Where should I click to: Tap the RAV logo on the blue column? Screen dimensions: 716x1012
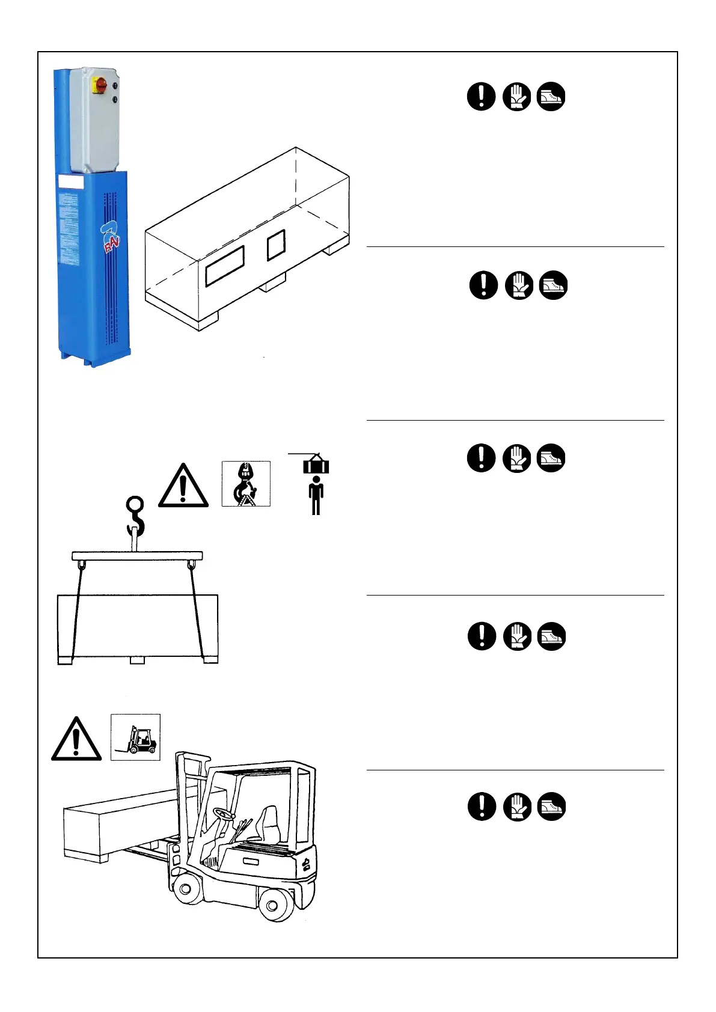click(x=111, y=237)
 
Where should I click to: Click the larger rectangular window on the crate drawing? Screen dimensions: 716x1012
click(x=225, y=265)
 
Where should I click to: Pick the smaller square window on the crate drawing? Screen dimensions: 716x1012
click(x=276, y=245)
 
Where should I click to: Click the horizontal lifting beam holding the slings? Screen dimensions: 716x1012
click(x=137, y=556)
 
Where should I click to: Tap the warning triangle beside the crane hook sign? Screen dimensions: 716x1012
click(x=183, y=487)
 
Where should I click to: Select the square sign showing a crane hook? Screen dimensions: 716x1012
click(x=246, y=484)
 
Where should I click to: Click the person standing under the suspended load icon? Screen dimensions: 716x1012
click(x=316, y=495)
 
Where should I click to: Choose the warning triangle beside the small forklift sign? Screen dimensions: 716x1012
click(x=76, y=740)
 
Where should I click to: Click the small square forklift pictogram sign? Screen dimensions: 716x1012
click(x=136, y=737)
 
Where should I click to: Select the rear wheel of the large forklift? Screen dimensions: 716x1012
click(x=276, y=903)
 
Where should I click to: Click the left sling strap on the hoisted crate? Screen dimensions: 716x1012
click(x=76, y=613)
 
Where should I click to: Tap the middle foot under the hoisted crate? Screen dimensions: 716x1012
click(x=138, y=660)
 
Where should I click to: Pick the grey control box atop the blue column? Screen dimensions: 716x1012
click(x=94, y=120)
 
